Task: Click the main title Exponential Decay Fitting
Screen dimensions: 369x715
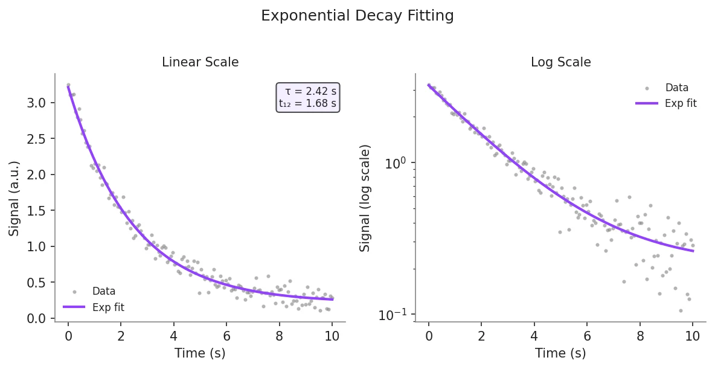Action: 357,16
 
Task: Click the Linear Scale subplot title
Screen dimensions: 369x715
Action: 200,62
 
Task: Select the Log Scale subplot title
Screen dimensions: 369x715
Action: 560,62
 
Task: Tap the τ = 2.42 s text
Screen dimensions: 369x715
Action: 310,91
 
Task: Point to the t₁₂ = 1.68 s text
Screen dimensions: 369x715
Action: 307,103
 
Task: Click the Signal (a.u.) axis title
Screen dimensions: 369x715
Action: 14,198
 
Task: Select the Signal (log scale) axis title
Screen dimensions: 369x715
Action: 365,198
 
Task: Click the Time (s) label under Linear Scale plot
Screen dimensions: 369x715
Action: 200,353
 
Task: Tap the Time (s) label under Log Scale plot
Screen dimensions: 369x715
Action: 560,353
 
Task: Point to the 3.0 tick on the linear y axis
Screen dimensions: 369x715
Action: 36,103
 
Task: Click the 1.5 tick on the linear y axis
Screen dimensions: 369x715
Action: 36,211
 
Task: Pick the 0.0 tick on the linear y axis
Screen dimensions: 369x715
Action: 36,318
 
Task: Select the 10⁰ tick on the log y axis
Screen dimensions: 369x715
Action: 397,163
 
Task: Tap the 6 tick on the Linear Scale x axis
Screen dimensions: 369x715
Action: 226,337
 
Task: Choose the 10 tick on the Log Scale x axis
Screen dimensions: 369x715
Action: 693,337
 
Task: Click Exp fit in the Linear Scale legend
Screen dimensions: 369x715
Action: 108,307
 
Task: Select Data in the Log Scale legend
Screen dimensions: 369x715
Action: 676,88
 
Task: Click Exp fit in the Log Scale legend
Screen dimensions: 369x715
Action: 681,103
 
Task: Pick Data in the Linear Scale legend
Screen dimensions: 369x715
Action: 104,292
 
